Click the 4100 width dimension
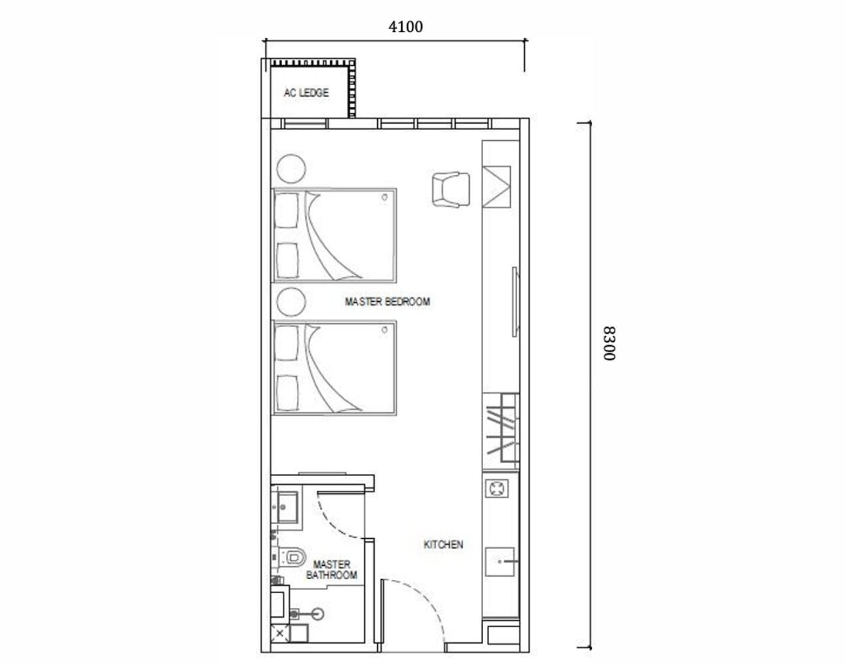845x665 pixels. tap(405, 27)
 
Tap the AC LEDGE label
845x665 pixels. tap(306, 93)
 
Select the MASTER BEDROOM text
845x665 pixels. tap(387, 302)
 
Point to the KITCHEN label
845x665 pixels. tap(443, 545)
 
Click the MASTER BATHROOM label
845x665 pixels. tap(331, 570)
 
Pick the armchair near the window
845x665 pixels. tap(450, 190)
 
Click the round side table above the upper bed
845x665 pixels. tap(291, 168)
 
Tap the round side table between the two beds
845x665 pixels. tap(291, 303)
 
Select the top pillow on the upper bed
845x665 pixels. tap(287, 209)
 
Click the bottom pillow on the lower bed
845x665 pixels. tap(287, 391)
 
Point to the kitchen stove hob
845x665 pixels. tap(497, 489)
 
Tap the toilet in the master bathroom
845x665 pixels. tap(293, 557)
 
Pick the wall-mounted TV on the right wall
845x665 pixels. tap(514, 303)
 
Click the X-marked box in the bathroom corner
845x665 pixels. tap(279, 634)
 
